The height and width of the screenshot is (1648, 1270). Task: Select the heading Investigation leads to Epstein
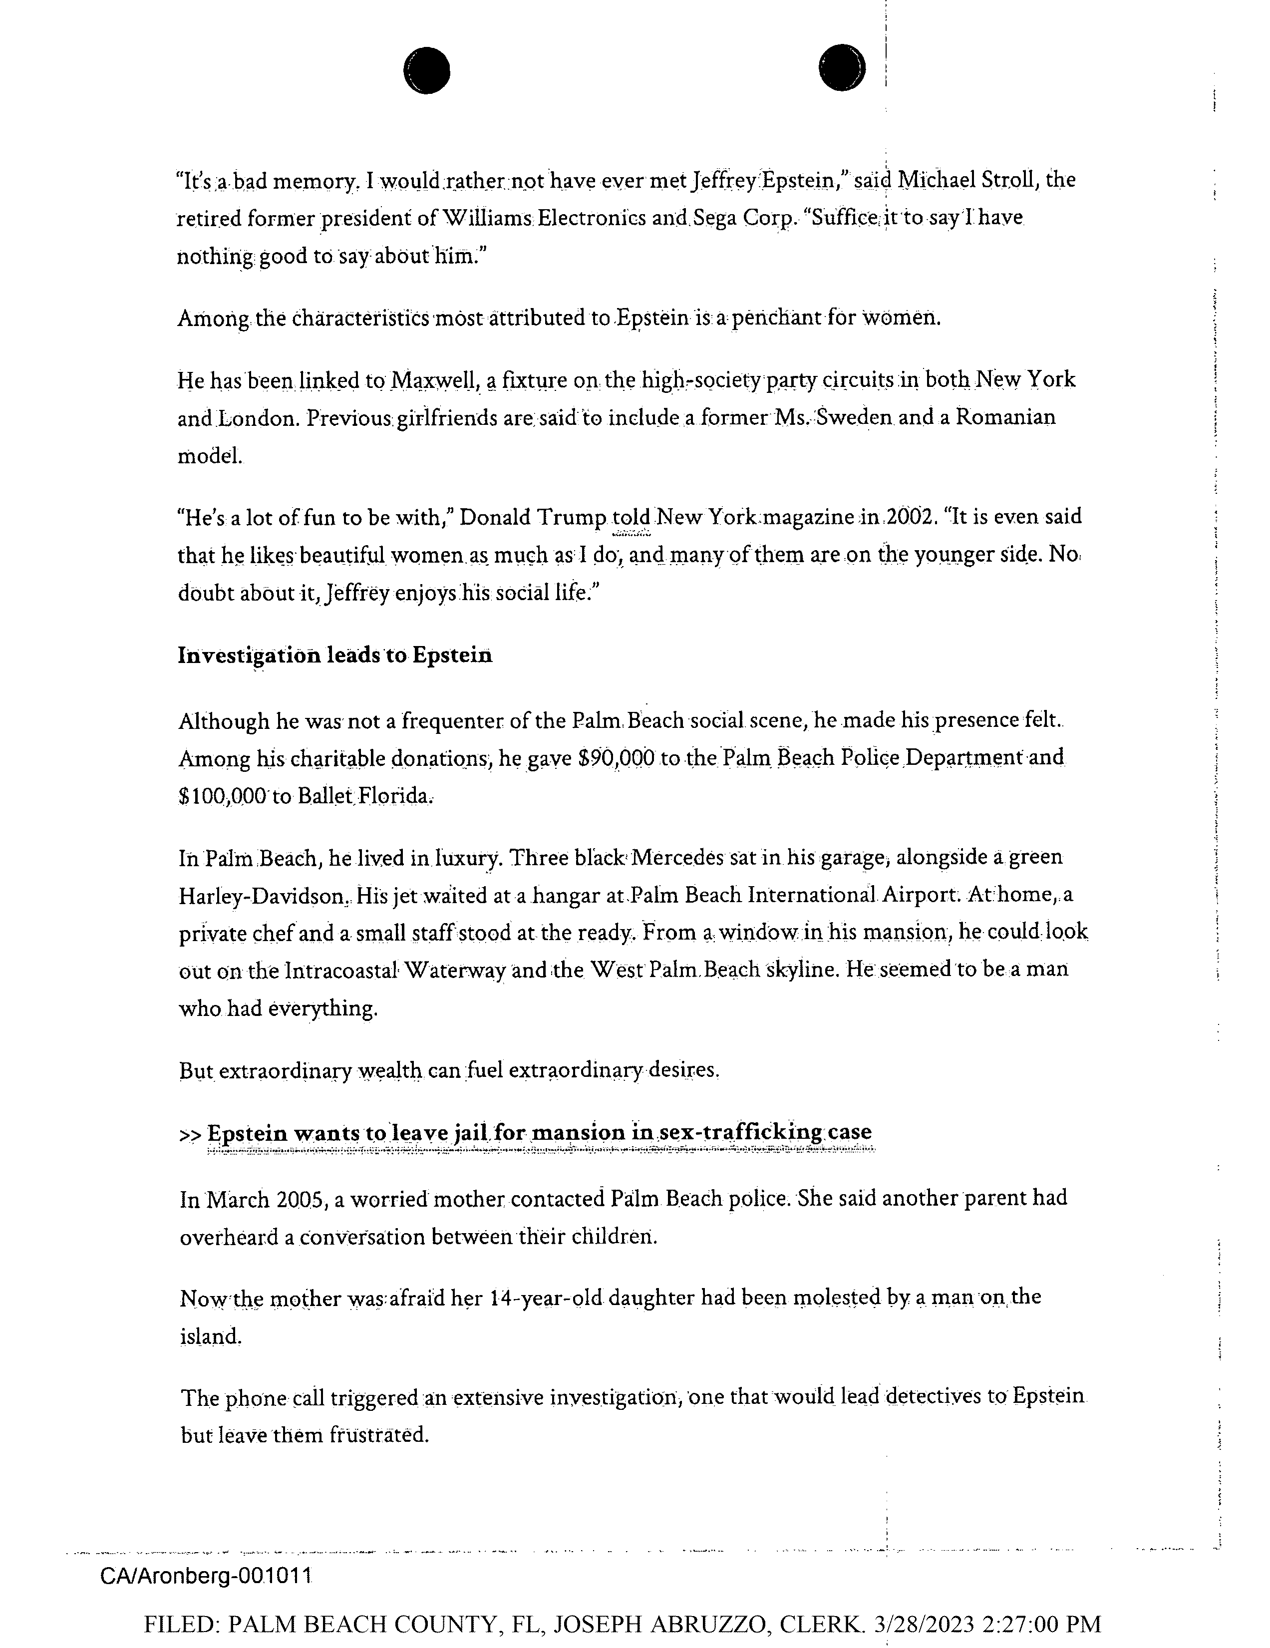[x=335, y=655]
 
